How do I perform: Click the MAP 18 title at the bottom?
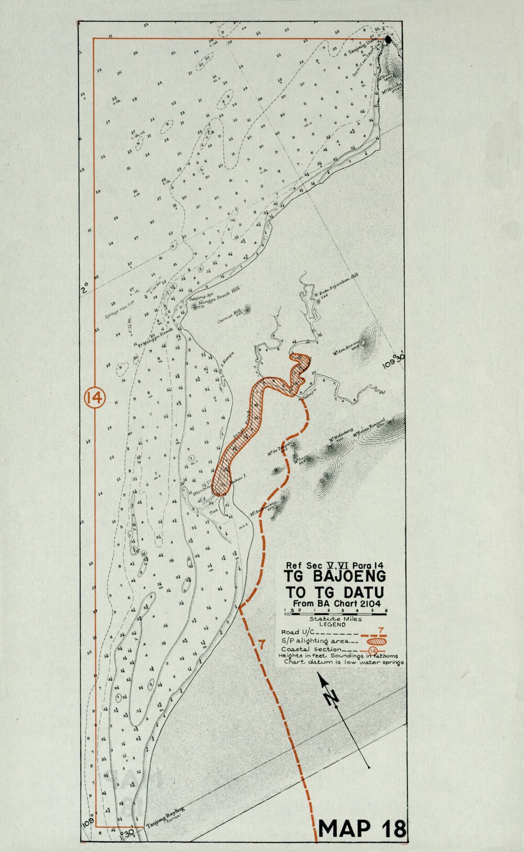362,828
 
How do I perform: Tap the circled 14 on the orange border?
95,398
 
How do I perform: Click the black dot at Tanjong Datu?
388,39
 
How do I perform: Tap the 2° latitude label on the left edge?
84,288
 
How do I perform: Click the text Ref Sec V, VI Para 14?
335,565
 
